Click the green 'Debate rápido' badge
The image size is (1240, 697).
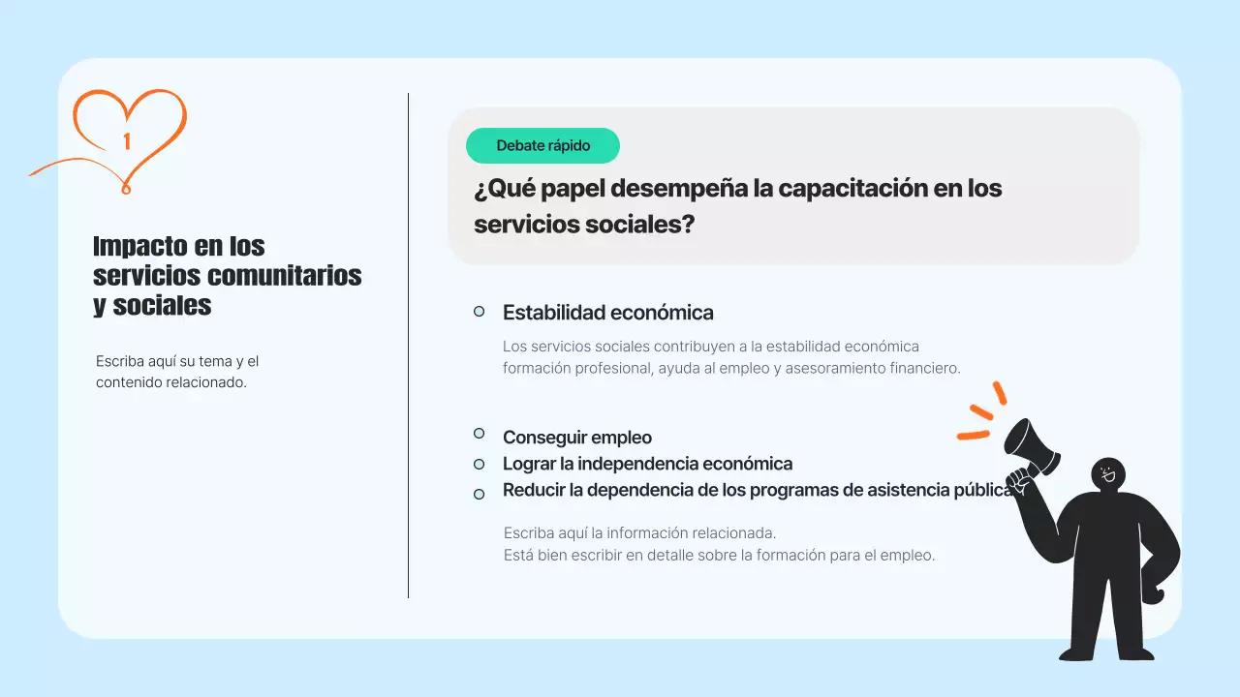tap(542, 146)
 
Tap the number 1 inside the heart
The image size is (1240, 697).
tap(127, 142)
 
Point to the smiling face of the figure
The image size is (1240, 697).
tap(1108, 474)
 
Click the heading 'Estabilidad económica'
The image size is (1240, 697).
tap(607, 313)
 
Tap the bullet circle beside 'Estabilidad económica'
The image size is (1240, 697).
tap(479, 311)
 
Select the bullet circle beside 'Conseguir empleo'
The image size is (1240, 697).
tap(479, 434)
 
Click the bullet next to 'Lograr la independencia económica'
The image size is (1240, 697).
tap(479, 464)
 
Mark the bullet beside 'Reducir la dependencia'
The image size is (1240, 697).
tap(479, 494)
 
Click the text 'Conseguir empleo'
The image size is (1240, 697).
tap(576, 438)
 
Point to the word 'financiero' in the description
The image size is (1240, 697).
tap(919, 368)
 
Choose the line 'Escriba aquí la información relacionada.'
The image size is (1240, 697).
tap(639, 532)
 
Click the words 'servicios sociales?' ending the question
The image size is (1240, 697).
tap(584, 225)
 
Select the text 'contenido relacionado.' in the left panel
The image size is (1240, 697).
tap(171, 382)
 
